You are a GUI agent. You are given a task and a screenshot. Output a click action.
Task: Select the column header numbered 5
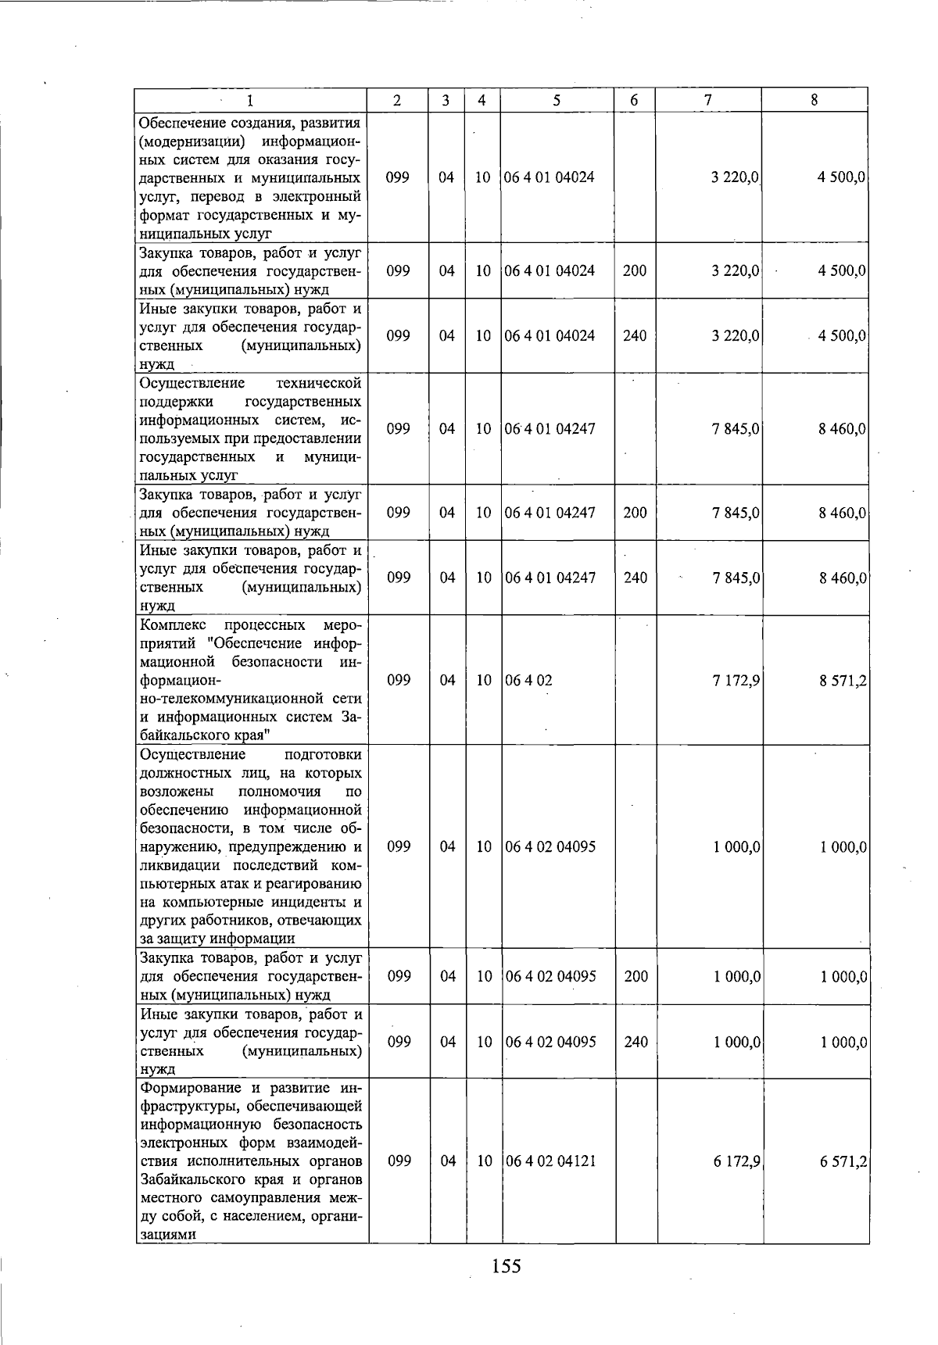pyautogui.click(x=557, y=100)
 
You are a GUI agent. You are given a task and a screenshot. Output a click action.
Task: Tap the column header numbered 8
pyautogui.click(x=814, y=100)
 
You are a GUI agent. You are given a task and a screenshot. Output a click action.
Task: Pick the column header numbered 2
pyautogui.click(x=398, y=100)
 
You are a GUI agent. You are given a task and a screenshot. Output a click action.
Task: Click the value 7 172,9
pyautogui.click(x=736, y=681)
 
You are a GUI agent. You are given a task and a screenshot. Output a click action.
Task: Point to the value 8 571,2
pyautogui.click(x=843, y=681)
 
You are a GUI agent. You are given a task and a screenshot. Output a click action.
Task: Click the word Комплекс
pyautogui.click(x=171, y=624)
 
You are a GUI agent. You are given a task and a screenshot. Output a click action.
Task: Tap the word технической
pyautogui.click(x=319, y=383)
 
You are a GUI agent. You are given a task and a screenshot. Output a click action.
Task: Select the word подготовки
pyautogui.click(x=323, y=754)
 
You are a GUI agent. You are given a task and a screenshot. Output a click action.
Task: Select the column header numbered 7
pyautogui.click(x=708, y=100)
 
